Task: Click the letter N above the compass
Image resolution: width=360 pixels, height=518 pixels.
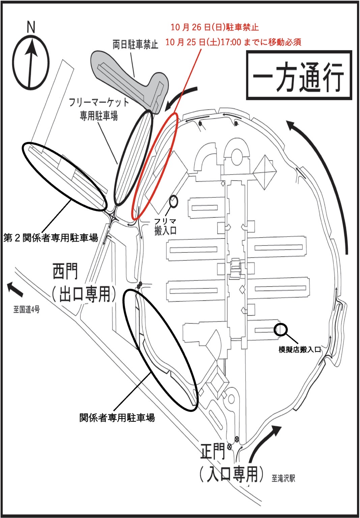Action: [31, 27]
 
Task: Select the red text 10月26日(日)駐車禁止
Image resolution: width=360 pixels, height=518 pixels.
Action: [215, 27]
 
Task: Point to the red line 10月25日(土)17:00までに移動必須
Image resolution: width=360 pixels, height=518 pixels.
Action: [233, 42]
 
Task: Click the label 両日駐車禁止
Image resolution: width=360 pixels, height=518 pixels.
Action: [135, 44]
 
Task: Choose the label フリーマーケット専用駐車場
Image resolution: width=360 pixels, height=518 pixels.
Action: [99, 109]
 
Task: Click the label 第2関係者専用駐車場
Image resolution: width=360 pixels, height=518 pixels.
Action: [51, 238]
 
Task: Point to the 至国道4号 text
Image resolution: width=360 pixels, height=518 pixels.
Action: [27, 309]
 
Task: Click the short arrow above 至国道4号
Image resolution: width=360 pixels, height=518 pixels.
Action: [15, 289]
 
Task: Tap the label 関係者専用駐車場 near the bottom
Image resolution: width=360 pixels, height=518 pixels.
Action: [117, 418]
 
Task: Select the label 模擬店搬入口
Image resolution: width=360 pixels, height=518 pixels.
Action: [300, 349]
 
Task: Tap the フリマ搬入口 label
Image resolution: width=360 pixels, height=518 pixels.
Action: [165, 226]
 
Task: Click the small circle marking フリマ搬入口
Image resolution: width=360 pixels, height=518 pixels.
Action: [173, 201]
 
